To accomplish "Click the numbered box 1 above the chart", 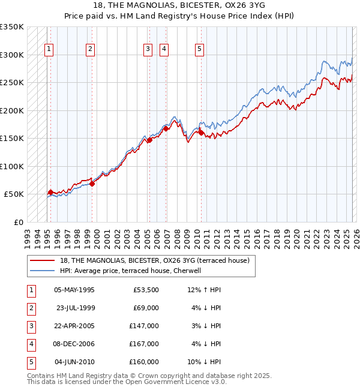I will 49,50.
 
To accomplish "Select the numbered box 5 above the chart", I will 199,50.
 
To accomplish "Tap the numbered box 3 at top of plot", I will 147,50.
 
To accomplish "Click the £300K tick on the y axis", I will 12,55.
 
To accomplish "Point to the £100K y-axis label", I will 12,166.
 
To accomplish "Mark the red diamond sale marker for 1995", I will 50,193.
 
